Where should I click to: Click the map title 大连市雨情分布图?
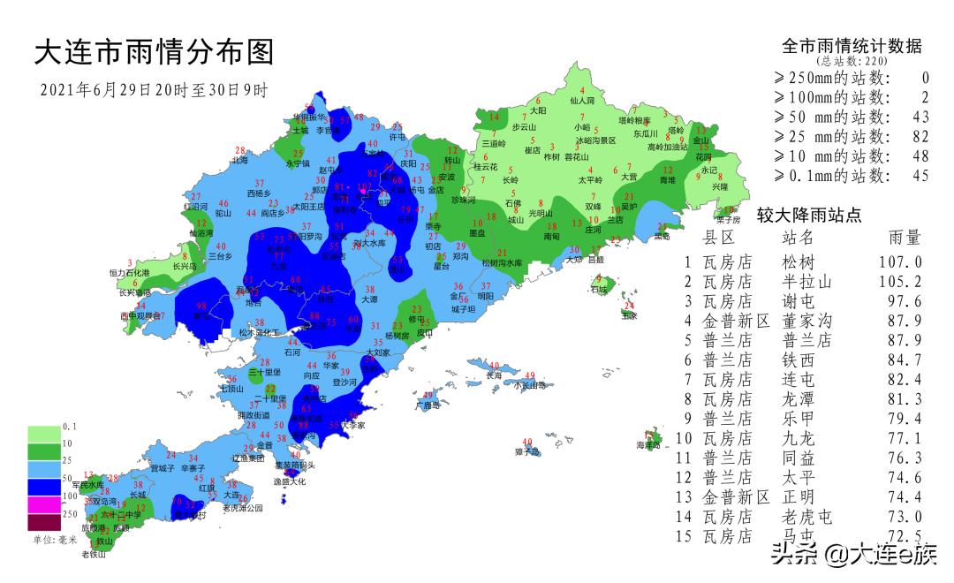pyautogui.click(x=154, y=52)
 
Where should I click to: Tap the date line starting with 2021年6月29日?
pyautogui.click(x=154, y=90)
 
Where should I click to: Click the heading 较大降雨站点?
pyautogui.click(x=809, y=215)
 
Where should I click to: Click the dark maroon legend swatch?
pyautogui.click(x=43, y=523)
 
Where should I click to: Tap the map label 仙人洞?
pyautogui.click(x=582, y=102)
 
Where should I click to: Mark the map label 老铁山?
pyautogui.click(x=94, y=555)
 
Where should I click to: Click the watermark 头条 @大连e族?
pyautogui.click(x=852, y=556)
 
